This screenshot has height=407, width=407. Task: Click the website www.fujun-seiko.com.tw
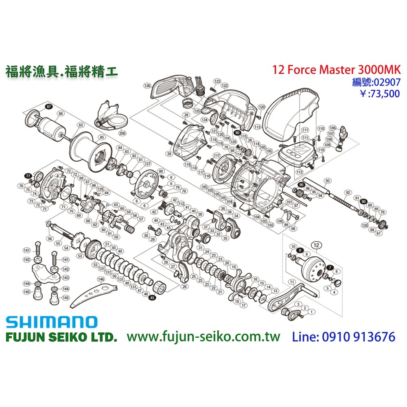click(203, 337)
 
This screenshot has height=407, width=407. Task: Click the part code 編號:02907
click(376, 82)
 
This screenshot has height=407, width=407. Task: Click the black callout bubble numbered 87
click(49, 107)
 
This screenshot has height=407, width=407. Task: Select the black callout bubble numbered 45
click(153, 298)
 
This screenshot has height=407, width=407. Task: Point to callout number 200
click(122, 133)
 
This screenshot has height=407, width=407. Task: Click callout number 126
click(147, 86)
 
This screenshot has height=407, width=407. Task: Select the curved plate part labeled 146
click(94, 295)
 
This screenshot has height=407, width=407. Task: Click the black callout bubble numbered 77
click(28, 175)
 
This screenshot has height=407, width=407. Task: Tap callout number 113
click(257, 127)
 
